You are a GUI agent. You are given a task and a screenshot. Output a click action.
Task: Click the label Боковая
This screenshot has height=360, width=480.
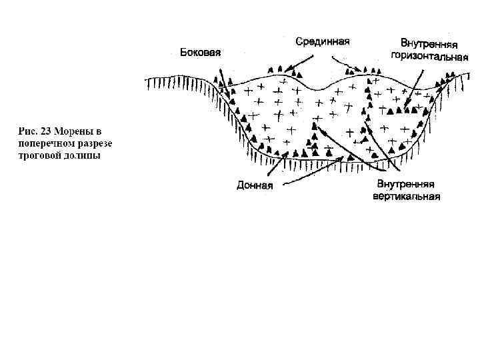point(200,53)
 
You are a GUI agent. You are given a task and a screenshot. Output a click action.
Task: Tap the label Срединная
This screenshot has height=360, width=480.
point(323,41)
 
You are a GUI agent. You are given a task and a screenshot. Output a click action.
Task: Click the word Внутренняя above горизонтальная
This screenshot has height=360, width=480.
point(428,45)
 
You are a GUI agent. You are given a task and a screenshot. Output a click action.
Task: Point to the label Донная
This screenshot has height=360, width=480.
point(255,185)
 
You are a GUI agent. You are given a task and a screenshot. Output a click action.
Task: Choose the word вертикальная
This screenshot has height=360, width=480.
point(406,197)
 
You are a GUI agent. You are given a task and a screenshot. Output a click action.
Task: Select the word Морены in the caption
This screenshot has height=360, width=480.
point(74,131)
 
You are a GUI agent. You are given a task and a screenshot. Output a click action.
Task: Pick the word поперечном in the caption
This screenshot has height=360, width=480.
point(44,143)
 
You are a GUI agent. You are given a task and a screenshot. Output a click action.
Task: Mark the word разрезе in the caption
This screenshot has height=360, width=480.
point(94,143)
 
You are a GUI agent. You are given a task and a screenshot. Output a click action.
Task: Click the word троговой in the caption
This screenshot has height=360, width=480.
point(38,156)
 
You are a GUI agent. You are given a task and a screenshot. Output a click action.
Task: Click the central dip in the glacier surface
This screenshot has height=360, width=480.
point(313,89)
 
